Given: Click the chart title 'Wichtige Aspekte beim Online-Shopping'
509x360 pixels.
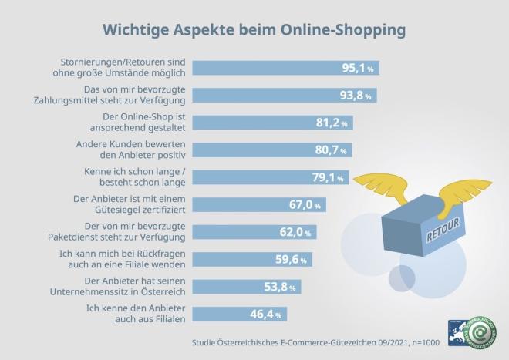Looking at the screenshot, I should click(254, 30).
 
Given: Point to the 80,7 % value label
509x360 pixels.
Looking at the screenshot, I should click(332, 150).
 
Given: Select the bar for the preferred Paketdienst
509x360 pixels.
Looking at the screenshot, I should click(239, 231).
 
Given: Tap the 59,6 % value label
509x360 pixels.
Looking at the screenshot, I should click(291, 259).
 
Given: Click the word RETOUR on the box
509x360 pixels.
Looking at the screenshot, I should click(443, 230).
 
